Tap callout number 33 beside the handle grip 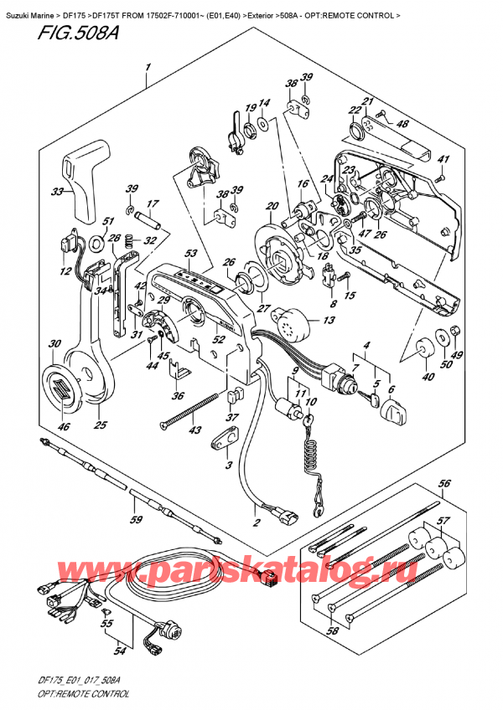pos(57,192)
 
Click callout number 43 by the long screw pos(195,430)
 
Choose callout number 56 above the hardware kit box pos(445,483)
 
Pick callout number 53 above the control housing pos(191,254)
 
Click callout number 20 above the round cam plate pos(271,206)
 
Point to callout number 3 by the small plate pos(229,464)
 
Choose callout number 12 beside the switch pos(65,270)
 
